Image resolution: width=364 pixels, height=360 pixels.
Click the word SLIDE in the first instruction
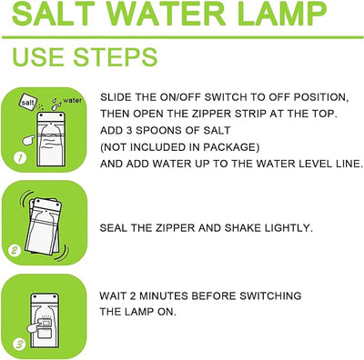pos(116,95)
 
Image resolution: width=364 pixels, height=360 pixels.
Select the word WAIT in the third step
pos(113,296)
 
